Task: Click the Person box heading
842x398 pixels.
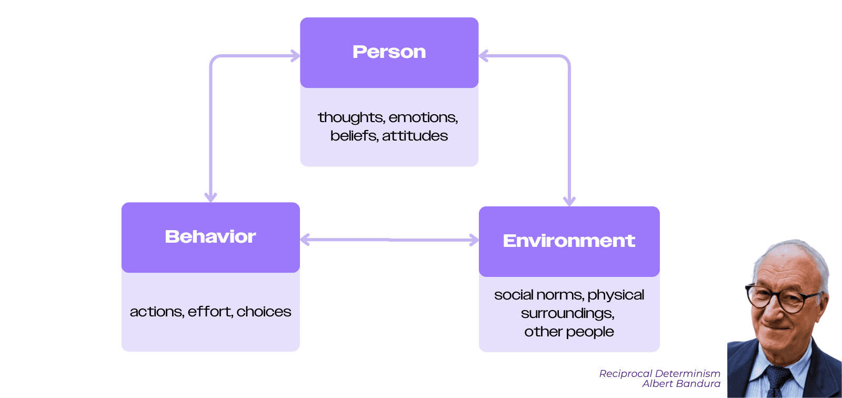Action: [389, 52]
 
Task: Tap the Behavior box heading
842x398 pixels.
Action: [210, 236]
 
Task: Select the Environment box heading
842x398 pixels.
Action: [569, 241]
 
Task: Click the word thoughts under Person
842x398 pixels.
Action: [352, 117]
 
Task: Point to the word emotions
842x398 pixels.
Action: [423, 118]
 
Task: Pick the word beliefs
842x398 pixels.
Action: [354, 136]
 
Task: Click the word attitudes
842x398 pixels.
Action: [415, 136]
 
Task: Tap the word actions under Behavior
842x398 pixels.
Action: [157, 312]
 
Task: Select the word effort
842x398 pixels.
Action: [210, 312]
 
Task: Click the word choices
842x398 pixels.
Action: [264, 312]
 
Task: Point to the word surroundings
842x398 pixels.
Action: [568, 313]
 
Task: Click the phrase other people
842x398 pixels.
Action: [569, 332]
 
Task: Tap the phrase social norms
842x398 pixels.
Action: [539, 295]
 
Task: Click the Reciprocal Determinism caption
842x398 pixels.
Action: [660, 374]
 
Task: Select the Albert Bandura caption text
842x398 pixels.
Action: [681, 384]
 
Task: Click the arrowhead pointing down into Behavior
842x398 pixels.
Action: [210, 197]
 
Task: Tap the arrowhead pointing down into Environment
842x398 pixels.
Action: [569, 201]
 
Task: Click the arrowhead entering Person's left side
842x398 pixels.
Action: [295, 56]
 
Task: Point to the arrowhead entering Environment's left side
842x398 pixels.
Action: [474, 240]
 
